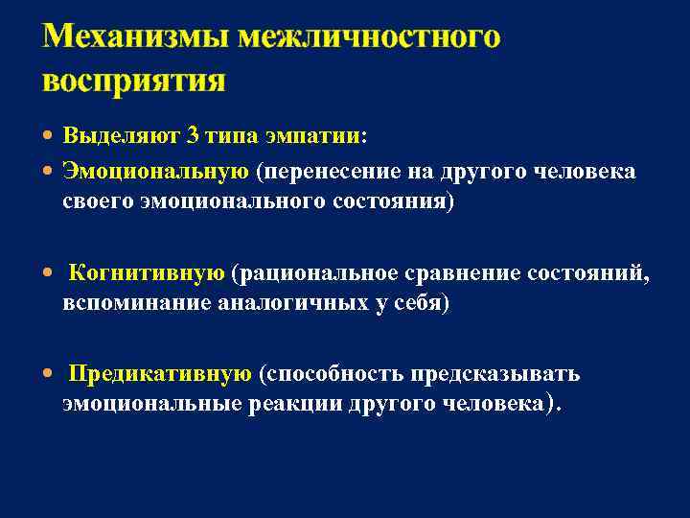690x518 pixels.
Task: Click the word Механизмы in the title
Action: (135, 37)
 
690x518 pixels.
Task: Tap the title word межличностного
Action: (369, 37)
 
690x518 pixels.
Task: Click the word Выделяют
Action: (122, 136)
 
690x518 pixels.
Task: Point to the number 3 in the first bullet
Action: (193, 136)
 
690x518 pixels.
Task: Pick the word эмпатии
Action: (320, 136)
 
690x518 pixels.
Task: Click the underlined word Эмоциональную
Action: (155, 171)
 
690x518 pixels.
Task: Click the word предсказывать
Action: (510, 373)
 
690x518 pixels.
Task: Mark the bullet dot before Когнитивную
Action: (50, 273)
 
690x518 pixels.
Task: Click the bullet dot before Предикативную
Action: (50, 374)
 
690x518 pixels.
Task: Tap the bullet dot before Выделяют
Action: (50, 137)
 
